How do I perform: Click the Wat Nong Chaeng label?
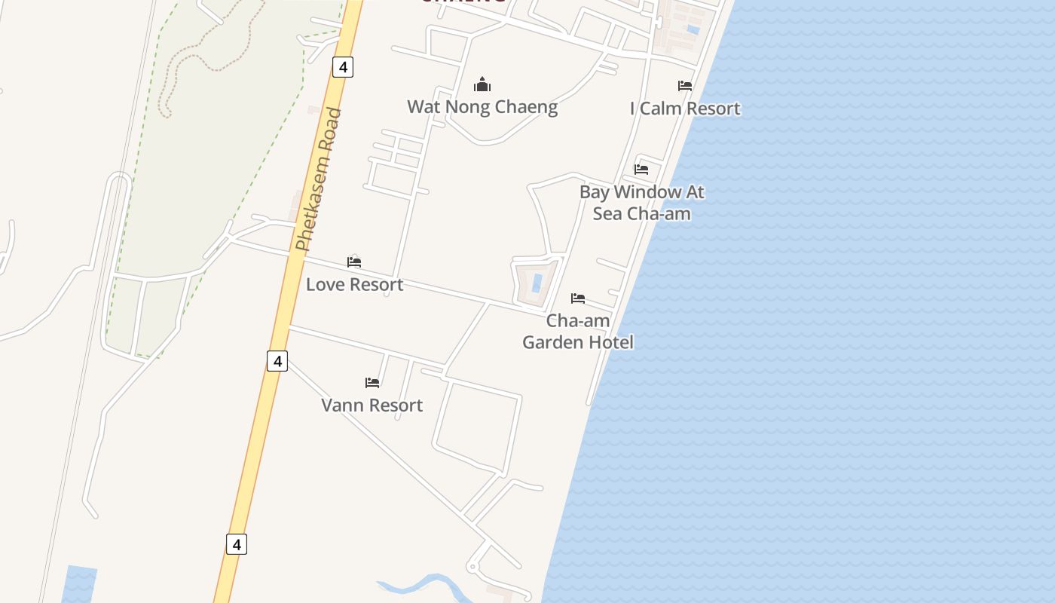[x=482, y=107]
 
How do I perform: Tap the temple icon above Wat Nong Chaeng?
[x=482, y=84]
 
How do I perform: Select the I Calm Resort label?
[x=685, y=109]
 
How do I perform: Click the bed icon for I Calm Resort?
[x=685, y=86]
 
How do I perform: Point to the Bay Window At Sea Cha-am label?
[x=642, y=202]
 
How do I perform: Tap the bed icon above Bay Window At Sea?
[x=641, y=169]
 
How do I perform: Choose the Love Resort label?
[x=354, y=285]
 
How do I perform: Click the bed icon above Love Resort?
[x=354, y=262]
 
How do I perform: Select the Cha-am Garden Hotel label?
[x=578, y=332]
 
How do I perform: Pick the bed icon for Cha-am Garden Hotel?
[x=578, y=298]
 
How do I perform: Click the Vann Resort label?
[x=372, y=406]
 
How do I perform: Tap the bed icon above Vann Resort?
[x=372, y=383]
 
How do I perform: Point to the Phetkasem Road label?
[x=319, y=181]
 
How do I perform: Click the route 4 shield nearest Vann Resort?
[x=277, y=361]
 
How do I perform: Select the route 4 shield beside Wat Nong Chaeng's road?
[x=343, y=67]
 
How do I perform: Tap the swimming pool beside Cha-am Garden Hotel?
[x=537, y=283]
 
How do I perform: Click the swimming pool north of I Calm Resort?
[x=693, y=30]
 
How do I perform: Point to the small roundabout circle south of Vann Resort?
[x=472, y=566]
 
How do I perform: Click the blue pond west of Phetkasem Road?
[x=79, y=583]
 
